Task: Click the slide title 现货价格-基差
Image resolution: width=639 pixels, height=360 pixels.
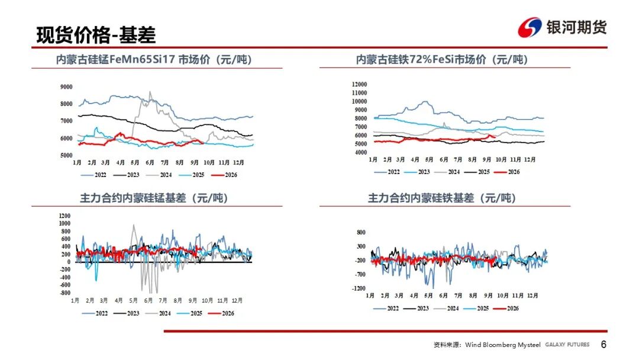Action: [x=96, y=34]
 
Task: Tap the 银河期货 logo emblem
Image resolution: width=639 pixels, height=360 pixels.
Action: [x=530, y=27]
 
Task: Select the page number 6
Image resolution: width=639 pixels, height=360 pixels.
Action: [x=603, y=345]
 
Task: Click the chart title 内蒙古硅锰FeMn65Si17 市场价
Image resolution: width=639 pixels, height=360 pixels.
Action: [x=154, y=60]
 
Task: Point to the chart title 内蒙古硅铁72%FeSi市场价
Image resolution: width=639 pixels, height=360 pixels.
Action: [x=442, y=60]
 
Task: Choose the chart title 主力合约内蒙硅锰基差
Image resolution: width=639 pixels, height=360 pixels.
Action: [x=154, y=198]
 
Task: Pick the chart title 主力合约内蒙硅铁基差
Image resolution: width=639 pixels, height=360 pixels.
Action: [x=442, y=198]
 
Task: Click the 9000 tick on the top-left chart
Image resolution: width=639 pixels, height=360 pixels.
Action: [x=66, y=87]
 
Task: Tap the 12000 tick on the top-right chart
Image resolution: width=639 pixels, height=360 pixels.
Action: [x=360, y=85]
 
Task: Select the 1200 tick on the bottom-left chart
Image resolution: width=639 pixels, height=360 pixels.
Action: [x=65, y=216]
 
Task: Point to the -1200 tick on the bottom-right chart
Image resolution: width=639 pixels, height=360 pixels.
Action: [x=359, y=288]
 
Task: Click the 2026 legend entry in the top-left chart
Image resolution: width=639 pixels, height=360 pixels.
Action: [x=225, y=175]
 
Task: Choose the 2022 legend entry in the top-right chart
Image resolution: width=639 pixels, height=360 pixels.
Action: [x=387, y=172]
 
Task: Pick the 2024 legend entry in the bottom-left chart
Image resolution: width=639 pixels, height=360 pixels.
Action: [x=158, y=314]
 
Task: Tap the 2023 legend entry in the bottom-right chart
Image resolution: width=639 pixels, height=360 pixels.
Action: [x=417, y=308]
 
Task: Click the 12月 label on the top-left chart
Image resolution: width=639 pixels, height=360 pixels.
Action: [x=238, y=162]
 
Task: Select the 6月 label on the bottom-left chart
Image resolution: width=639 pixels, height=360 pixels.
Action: [x=149, y=300]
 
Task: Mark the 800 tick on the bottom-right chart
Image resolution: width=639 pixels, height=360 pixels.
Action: [x=361, y=232]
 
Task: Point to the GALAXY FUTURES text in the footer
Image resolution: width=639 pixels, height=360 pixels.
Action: [x=567, y=345]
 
